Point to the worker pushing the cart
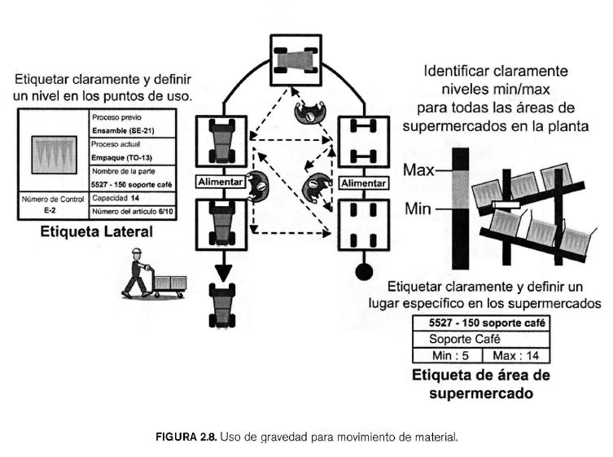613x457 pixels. pyautogui.click(x=137, y=270)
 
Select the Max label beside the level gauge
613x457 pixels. pyautogui.click(x=418, y=171)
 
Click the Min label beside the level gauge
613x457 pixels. pyautogui.click(x=418, y=209)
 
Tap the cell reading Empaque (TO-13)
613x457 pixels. pyautogui.click(x=125, y=156)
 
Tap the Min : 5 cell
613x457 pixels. pyautogui.click(x=448, y=355)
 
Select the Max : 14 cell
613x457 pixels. pyautogui.click(x=515, y=355)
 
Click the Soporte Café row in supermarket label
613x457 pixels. pyautogui.click(x=481, y=338)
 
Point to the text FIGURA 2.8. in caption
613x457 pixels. pyautogui.click(x=186, y=436)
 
